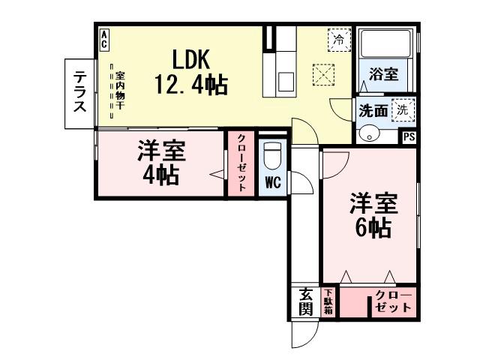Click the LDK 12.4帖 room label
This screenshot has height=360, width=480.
190,71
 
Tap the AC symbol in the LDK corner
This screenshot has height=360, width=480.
103,39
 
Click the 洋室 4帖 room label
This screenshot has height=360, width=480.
160,163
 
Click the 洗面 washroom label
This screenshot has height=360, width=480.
373,110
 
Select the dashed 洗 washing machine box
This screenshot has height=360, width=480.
402,108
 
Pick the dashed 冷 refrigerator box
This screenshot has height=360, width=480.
339,38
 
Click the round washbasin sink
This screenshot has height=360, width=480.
369,134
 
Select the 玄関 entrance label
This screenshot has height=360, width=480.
306,301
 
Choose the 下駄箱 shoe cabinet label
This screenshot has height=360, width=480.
328,301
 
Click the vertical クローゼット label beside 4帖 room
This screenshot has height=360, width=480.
242,164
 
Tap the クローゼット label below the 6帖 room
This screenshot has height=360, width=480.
394,301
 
